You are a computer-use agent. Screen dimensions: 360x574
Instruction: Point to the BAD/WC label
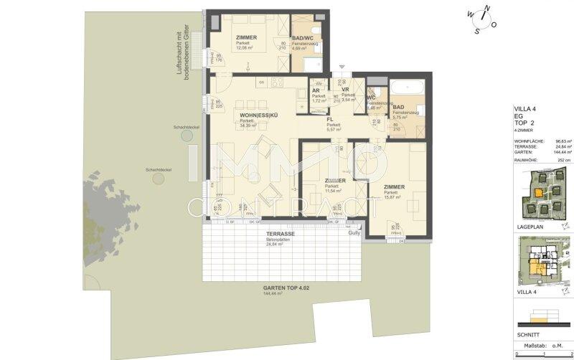pyautogui.click(x=304, y=38)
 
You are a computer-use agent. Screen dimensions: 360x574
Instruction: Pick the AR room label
pyautogui.click(x=316, y=90)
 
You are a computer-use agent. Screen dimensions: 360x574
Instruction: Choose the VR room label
pyautogui.click(x=345, y=90)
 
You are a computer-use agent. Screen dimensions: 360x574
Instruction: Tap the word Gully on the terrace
pyautogui.click(x=354, y=233)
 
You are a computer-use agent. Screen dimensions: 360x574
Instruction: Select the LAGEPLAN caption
pyautogui.click(x=530, y=226)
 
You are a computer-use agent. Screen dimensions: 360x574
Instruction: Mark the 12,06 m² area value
pyautogui.click(x=245, y=48)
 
